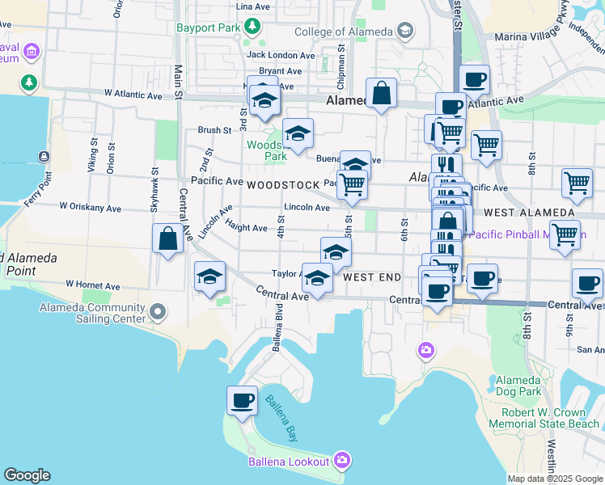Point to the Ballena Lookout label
pyautogui.click(x=290, y=462)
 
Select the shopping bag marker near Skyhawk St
pyautogui.click(x=167, y=238)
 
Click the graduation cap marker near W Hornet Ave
pyautogui.click(x=209, y=276)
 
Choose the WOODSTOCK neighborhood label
pyautogui.click(x=279, y=185)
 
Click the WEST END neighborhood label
pyautogui.click(x=372, y=277)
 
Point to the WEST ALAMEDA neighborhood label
pyautogui.click(x=529, y=213)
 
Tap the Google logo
pyautogui.click(x=27, y=475)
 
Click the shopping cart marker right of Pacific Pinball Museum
pyautogui.click(x=564, y=234)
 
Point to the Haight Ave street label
pyautogui.click(x=246, y=228)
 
